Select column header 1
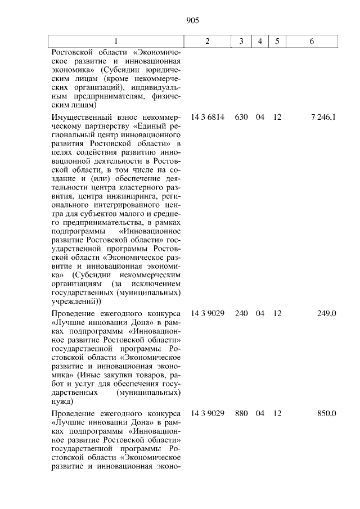pos(116,42)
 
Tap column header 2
pos(208,42)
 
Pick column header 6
pos(312,42)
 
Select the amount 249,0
pos(326,313)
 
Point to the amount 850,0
pos(326,413)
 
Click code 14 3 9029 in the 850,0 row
pos(208,413)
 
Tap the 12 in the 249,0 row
pos(277,313)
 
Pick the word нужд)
pos(62,402)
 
